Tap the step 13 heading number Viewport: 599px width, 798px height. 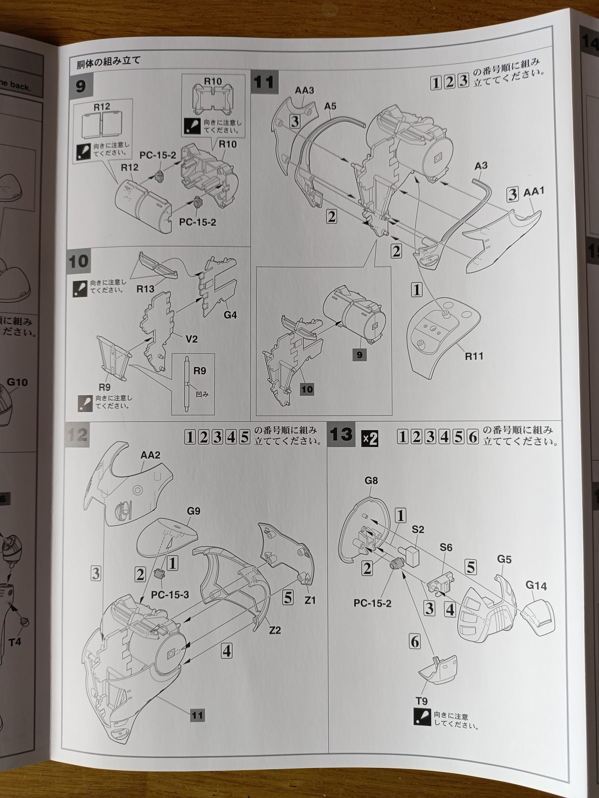[x=341, y=435]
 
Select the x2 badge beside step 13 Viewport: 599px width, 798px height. [x=370, y=439]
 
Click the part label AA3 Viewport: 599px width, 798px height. [x=304, y=90]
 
